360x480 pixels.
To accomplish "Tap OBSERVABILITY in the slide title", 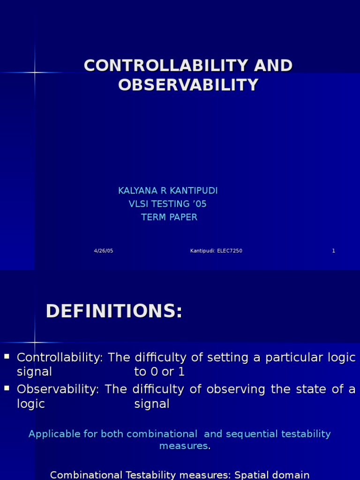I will (188, 85).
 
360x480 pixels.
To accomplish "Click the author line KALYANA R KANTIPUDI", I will (168, 191).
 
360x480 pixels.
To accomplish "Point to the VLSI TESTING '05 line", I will (167, 204).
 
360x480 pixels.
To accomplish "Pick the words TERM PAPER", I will (169, 217).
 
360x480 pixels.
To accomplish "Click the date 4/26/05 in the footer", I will (104, 251).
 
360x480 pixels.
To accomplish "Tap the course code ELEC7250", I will (229, 251).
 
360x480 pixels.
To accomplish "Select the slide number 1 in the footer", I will (334, 251).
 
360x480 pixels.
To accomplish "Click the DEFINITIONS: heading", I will (114, 311).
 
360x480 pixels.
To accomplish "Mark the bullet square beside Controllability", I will (7, 357).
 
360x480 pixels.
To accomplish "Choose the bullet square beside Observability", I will (7, 388).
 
